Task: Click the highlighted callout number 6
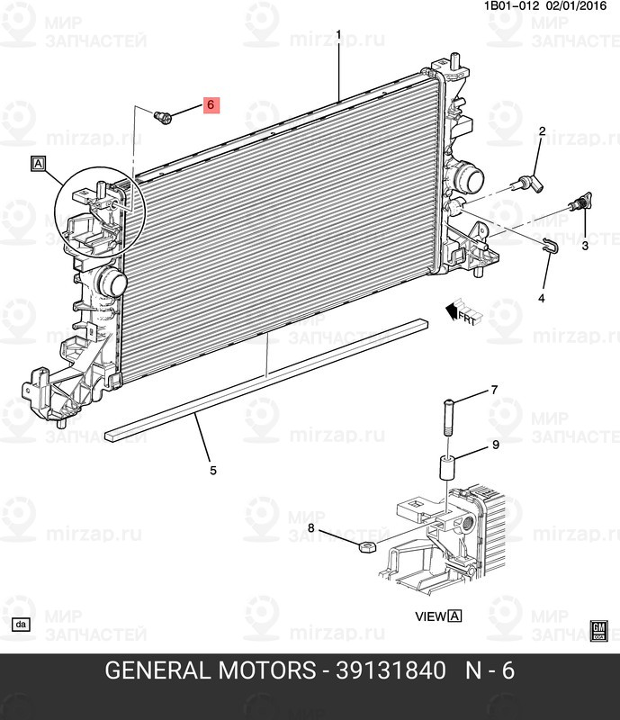(x=210, y=105)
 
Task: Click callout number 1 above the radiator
(x=338, y=35)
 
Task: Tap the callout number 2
(x=543, y=132)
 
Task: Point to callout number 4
(x=542, y=298)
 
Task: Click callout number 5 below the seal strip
(x=213, y=470)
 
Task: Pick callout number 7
(x=493, y=390)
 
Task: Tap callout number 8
(x=311, y=527)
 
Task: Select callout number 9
(x=495, y=445)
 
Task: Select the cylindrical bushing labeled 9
(x=448, y=469)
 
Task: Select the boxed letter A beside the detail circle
(x=38, y=164)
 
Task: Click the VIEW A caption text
(x=437, y=616)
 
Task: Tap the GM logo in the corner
(x=599, y=629)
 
